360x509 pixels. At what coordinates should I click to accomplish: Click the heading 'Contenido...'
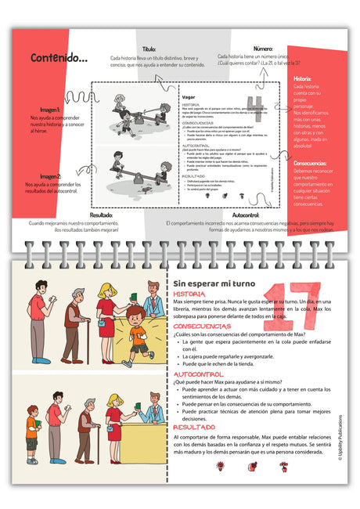[59, 58]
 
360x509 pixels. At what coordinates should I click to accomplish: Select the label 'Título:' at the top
[149, 49]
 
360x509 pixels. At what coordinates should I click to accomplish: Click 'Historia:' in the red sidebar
[301, 79]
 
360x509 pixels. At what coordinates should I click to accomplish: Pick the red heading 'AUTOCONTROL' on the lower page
[198, 374]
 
